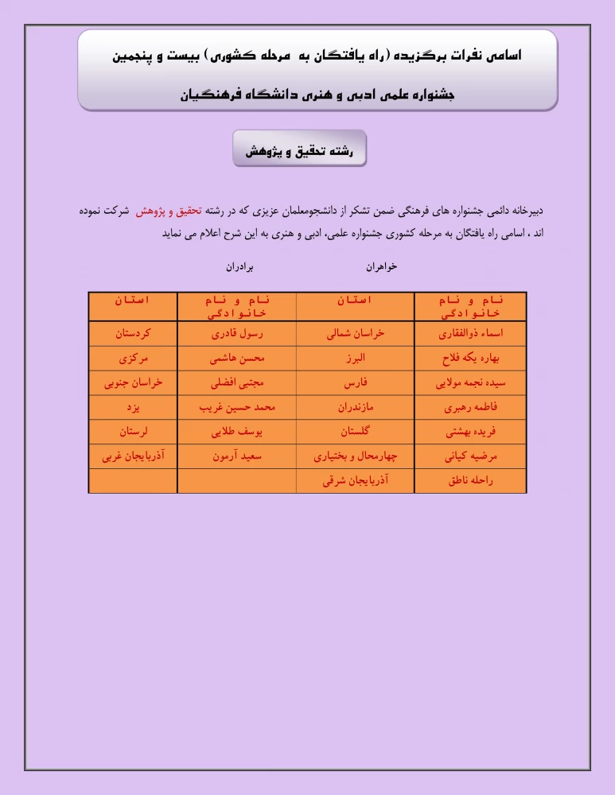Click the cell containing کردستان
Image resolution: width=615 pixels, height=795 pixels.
(133, 333)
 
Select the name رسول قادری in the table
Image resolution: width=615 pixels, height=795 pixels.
(236, 333)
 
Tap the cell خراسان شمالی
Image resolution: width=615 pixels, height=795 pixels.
(355, 333)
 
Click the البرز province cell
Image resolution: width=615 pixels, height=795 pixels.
(355, 358)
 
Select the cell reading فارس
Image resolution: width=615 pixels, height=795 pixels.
(355, 382)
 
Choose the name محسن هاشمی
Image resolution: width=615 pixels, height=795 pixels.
(236, 358)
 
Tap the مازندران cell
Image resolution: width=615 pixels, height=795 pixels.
(355, 407)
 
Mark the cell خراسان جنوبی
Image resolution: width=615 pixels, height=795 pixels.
(133, 382)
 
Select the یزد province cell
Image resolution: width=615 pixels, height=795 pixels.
(133, 407)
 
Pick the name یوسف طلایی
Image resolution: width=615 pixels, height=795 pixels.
(236, 432)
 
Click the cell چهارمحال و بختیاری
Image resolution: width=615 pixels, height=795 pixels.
(355, 457)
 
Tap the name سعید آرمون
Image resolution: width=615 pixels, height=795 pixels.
(236, 457)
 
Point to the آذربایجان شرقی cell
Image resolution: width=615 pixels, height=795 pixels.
(355, 481)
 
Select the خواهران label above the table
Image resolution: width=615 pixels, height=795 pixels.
(381, 267)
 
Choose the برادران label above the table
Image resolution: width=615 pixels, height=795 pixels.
(239, 267)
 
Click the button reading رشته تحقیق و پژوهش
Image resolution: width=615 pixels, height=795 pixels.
(300, 149)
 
